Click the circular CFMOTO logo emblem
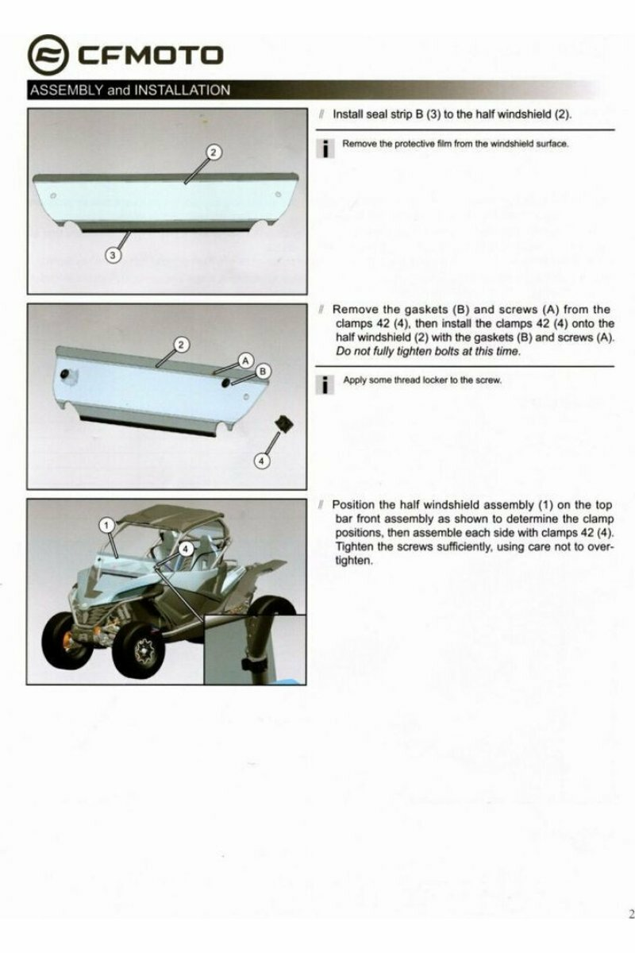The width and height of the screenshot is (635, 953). click(x=48, y=56)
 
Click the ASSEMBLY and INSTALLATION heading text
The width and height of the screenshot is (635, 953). click(x=130, y=91)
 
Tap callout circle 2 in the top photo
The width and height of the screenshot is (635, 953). click(x=214, y=152)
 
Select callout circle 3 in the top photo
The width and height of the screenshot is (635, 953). click(x=113, y=255)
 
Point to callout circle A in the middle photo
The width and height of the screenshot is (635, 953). click(x=245, y=361)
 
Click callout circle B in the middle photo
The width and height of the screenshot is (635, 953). click(x=263, y=372)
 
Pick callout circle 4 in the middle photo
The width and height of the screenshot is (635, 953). click(x=262, y=461)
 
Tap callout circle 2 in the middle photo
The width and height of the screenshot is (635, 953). click(x=181, y=345)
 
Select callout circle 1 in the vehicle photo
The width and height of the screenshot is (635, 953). click(x=106, y=526)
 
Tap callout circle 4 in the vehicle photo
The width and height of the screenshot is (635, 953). click(x=186, y=550)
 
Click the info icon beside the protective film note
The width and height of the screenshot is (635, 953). click(x=325, y=148)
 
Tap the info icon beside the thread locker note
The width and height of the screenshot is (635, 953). click(x=325, y=385)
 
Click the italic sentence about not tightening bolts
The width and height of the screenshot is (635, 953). click(x=429, y=351)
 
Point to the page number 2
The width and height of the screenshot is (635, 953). click(x=631, y=913)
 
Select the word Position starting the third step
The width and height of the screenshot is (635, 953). click(x=353, y=505)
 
